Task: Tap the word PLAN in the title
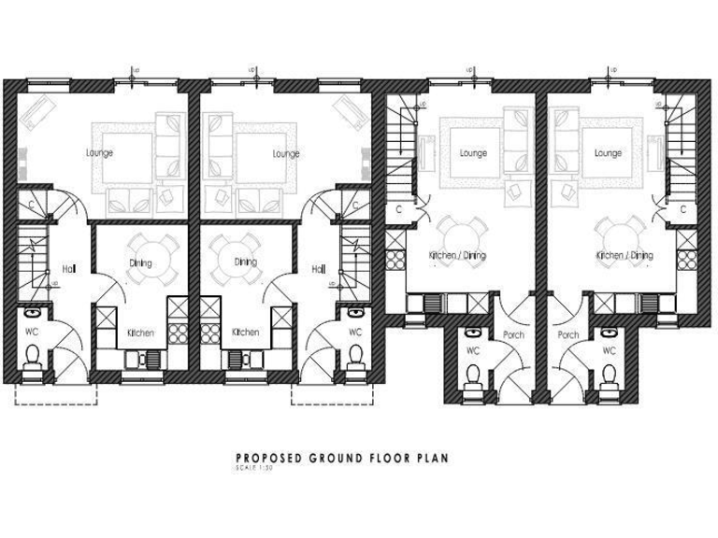click(x=432, y=458)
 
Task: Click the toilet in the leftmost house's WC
click(x=33, y=355)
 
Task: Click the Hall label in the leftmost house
click(x=68, y=269)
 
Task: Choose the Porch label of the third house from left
click(x=513, y=334)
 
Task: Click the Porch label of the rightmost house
click(x=567, y=334)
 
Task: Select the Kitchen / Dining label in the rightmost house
click(x=625, y=254)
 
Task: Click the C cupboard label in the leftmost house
click(x=31, y=204)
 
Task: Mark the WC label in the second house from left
click(x=355, y=332)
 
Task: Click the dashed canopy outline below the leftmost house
click(x=56, y=396)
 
